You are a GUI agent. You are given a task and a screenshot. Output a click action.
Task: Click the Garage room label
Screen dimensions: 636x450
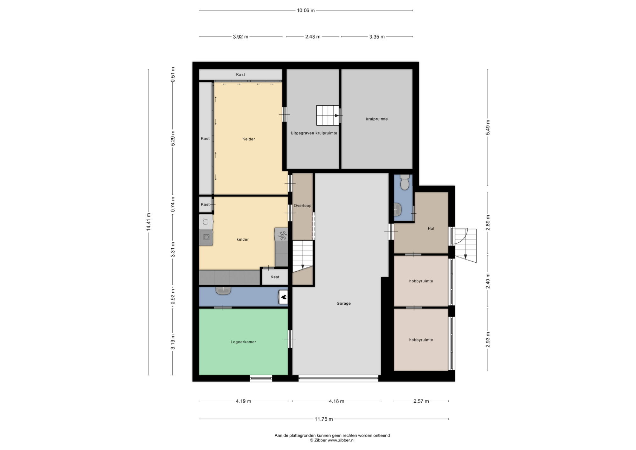[343, 303]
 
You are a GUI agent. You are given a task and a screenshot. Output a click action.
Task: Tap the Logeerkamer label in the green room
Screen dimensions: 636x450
[243, 342]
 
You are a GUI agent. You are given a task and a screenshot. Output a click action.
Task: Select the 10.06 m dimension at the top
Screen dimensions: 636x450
[306, 10]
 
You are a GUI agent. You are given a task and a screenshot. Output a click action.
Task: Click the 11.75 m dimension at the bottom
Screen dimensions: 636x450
[324, 419]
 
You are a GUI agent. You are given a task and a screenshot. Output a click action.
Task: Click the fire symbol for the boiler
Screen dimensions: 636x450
[283, 298]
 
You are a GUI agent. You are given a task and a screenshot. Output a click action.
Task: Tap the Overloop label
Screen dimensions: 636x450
[302, 206]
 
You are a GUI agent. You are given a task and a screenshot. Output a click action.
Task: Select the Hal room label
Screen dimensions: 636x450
[431, 228]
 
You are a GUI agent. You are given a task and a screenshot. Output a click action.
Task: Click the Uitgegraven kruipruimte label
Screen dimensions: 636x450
[314, 133]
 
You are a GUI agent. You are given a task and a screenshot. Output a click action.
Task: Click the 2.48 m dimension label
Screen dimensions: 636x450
[313, 37]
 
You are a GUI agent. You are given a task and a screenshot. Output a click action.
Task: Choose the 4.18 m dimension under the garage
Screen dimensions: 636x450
[336, 401]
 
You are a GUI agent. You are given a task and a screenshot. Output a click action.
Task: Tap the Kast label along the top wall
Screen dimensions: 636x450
[240, 74]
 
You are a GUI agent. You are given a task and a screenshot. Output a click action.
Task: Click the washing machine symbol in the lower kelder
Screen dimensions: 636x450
[206, 237]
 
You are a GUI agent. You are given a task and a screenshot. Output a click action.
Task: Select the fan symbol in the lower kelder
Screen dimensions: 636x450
[282, 236]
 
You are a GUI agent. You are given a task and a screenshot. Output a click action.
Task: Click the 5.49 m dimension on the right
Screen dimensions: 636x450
[488, 127]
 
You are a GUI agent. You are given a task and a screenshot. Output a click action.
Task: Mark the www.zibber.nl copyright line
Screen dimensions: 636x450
[332, 440]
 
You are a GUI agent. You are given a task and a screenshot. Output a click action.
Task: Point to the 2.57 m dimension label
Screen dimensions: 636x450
[421, 401]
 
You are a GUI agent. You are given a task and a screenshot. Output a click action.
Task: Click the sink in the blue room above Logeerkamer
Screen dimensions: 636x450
[223, 290]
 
